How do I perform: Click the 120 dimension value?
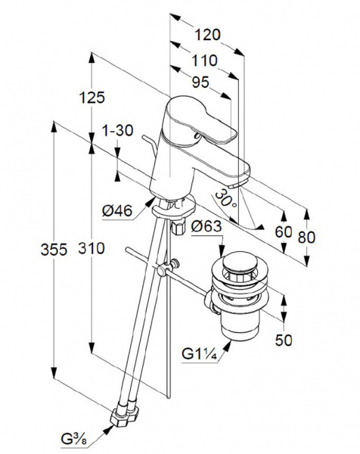click(x=207, y=35)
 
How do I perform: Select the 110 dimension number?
click(x=205, y=61)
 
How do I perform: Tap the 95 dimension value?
click(x=200, y=82)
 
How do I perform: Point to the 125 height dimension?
click(x=92, y=98)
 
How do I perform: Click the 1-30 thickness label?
click(x=117, y=130)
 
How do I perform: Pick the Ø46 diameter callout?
click(x=117, y=210)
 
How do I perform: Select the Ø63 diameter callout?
click(x=206, y=225)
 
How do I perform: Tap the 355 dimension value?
click(x=54, y=250)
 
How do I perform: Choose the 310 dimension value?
click(x=92, y=248)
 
